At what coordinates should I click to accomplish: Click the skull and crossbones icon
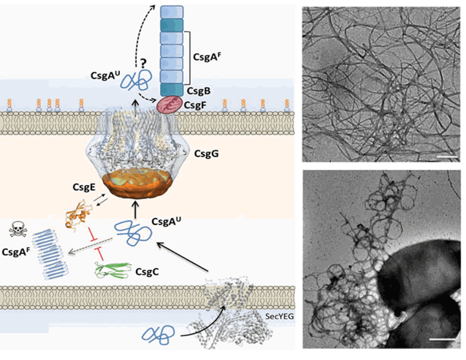click(x=18, y=229)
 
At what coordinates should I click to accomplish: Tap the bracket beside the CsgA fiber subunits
click(x=187, y=58)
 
